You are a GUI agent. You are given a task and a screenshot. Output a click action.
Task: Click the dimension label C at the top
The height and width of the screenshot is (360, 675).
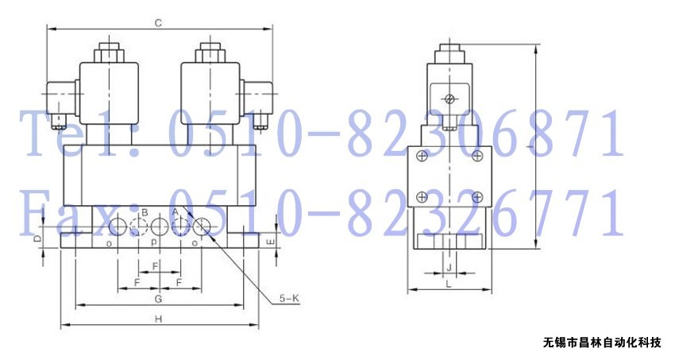(158, 23)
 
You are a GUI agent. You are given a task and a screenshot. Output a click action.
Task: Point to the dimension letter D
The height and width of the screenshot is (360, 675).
(37, 238)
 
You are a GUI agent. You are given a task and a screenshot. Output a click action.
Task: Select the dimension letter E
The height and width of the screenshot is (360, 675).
(270, 242)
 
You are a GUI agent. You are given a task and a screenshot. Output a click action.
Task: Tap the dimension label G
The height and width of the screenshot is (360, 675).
(158, 299)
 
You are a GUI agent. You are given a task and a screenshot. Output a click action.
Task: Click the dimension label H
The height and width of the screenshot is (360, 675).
(158, 319)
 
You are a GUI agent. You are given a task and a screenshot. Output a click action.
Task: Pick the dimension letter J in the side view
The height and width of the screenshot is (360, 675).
(449, 267)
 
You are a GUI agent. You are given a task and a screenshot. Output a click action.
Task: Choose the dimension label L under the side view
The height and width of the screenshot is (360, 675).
(448, 284)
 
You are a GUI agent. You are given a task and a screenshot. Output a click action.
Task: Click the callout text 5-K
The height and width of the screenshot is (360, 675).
(289, 297)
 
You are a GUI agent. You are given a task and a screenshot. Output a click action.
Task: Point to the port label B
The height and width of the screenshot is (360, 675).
(145, 212)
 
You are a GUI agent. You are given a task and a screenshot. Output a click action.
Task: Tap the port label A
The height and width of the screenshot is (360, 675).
(175, 212)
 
